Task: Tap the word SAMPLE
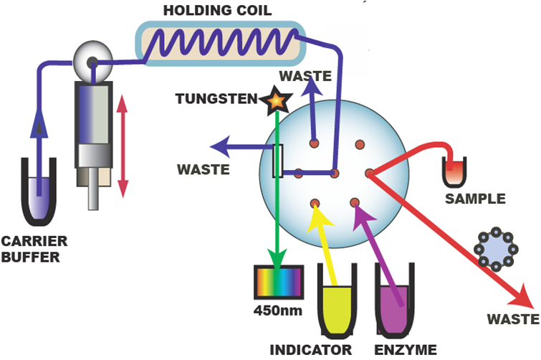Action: (475, 199)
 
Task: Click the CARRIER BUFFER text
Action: (35, 247)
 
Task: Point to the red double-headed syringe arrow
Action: (123, 146)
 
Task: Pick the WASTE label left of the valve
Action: (204, 170)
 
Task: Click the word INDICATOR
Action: (311, 349)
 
